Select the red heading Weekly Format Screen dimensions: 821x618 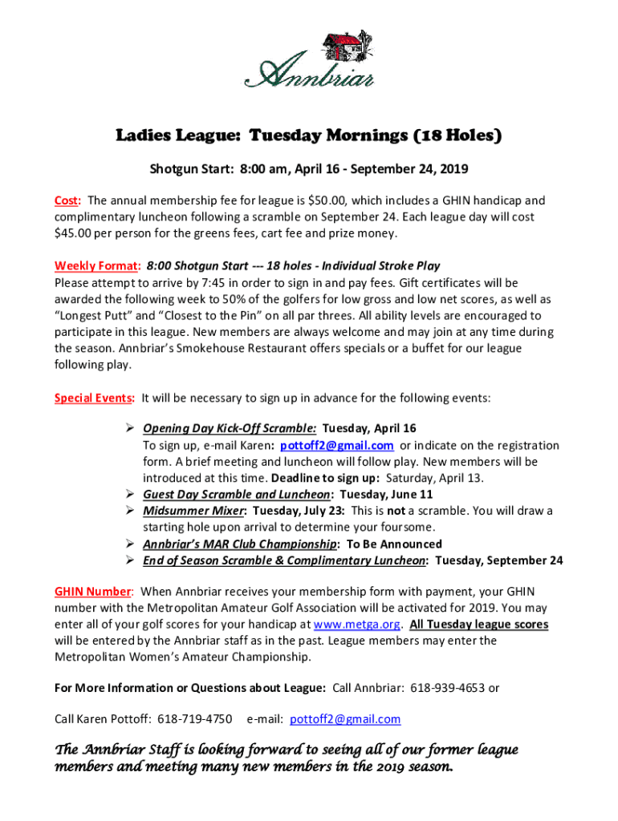pyautogui.click(x=97, y=266)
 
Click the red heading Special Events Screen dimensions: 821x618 pyautogui.click(x=94, y=398)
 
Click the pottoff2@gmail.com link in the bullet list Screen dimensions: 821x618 pyautogui.click(x=337, y=446)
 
